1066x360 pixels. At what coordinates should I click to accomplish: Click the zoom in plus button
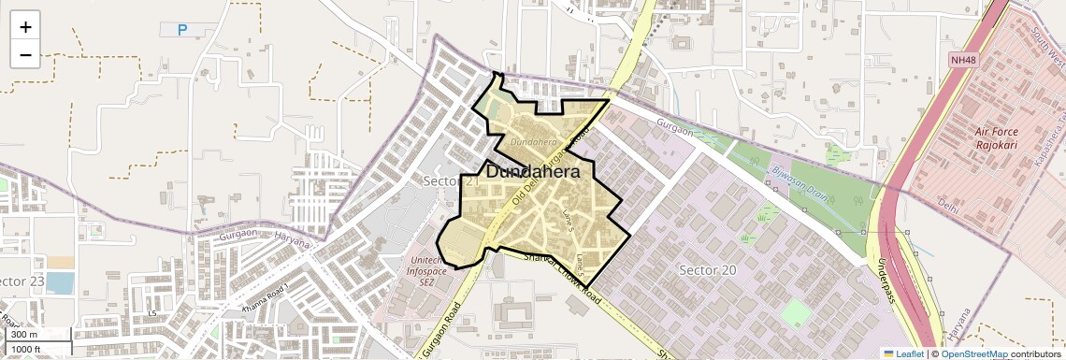click(x=25, y=26)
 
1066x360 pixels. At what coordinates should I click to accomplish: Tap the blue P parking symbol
click(x=182, y=30)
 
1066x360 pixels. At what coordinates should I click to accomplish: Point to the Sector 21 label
click(x=448, y=180)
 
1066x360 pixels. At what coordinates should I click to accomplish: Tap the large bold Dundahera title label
click(x=532, y=172)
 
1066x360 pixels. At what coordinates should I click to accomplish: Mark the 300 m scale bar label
click(x=25, y=334)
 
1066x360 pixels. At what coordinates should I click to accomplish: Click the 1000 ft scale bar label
click(x=26, y=349)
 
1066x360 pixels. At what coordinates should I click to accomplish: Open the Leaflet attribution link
click(x=902, y=353)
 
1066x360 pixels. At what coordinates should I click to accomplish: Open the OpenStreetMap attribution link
click(x=974, y=353)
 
